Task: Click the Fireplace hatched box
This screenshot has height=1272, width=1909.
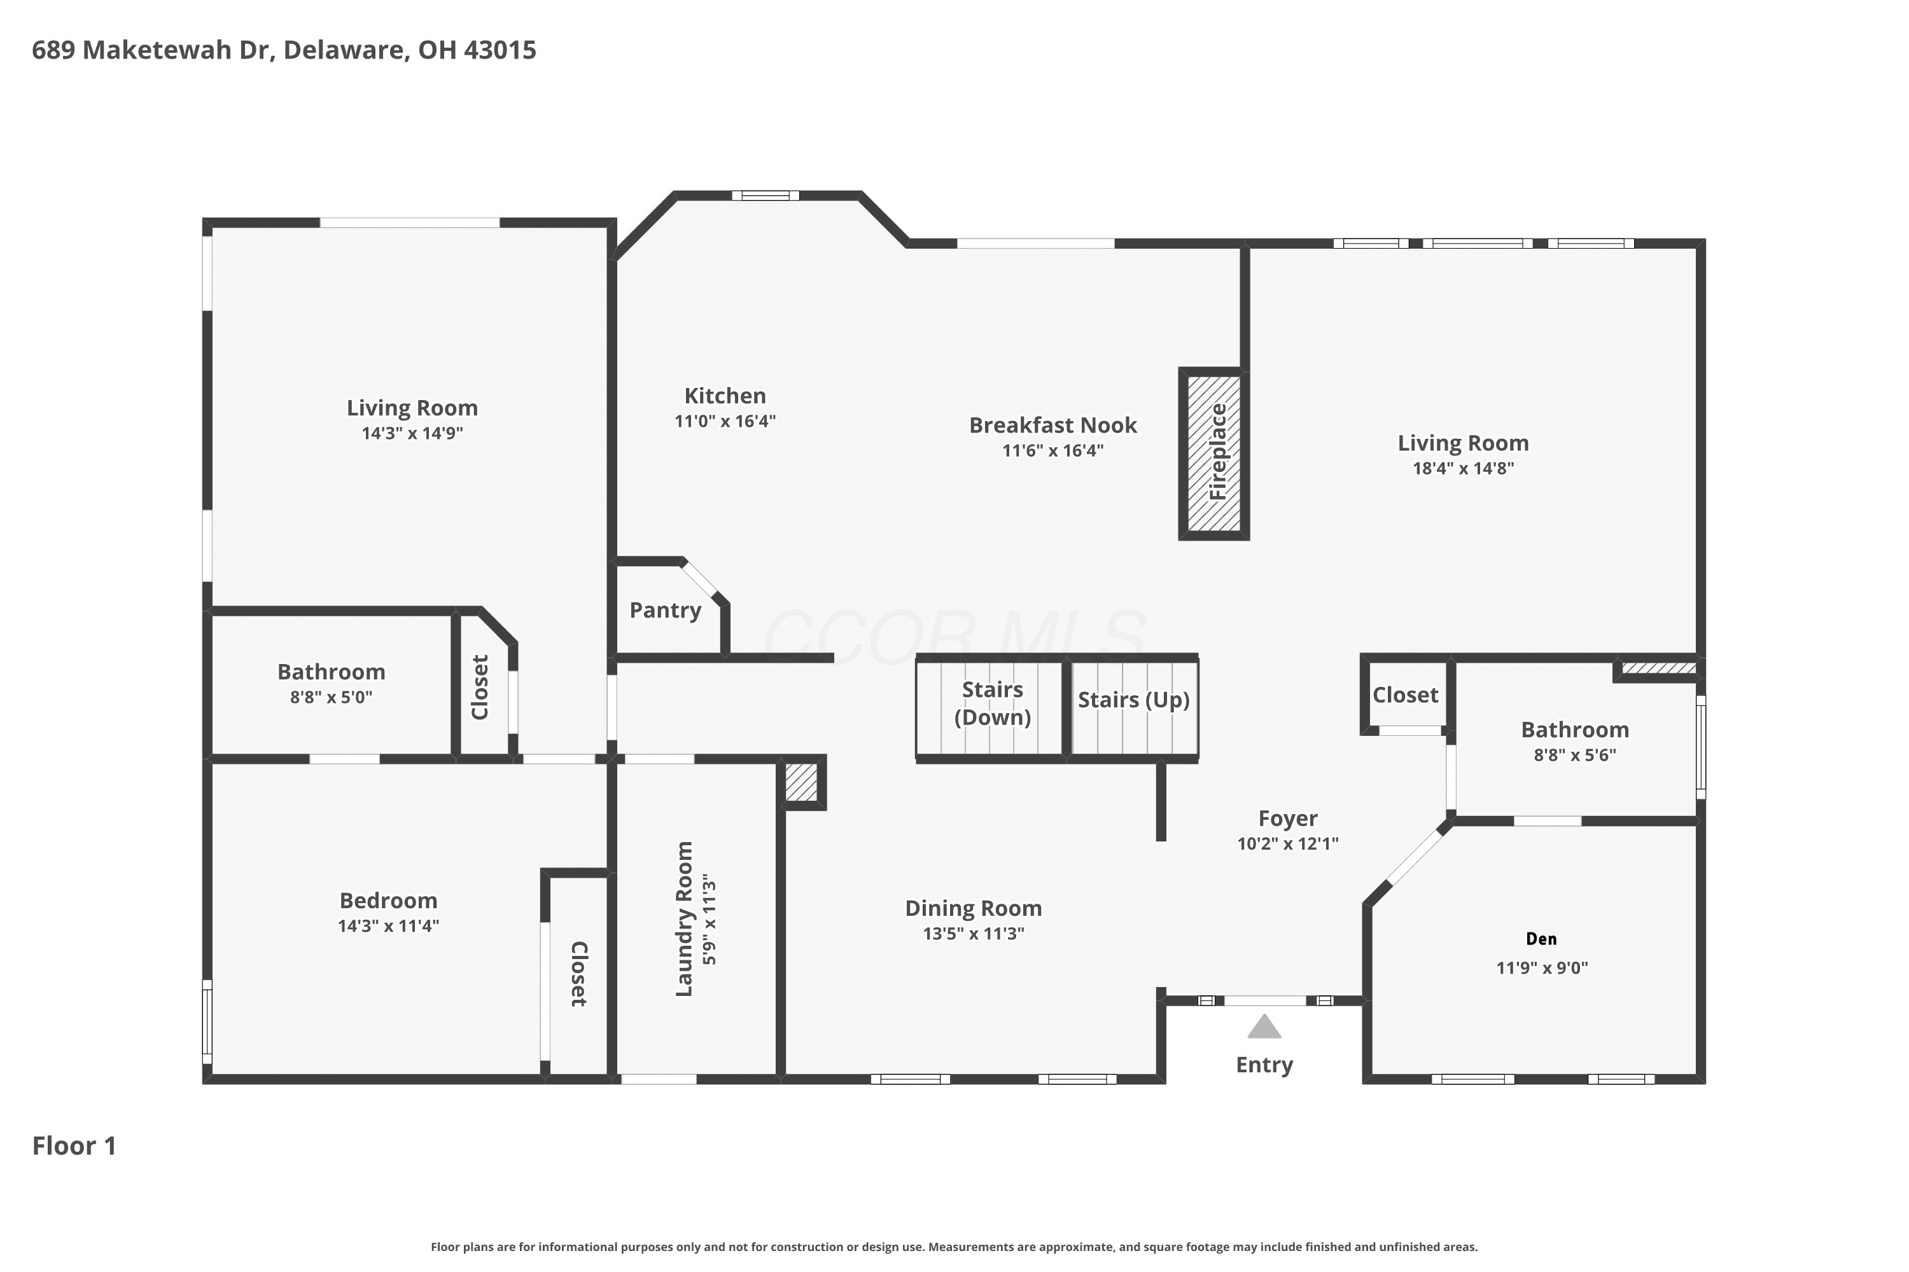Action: coord(1213,453)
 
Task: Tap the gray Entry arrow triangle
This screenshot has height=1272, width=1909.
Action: coord(1264,1027)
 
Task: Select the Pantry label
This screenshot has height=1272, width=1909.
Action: coord(665,610)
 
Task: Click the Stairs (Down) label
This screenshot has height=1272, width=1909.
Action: coord(992,703)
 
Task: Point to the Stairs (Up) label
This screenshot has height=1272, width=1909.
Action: coord(1133,700)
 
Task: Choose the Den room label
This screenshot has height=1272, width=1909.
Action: coord(1541,939)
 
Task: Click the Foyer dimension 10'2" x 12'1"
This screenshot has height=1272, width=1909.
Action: coord(1287,844)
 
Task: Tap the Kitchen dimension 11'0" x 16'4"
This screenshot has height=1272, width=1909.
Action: coord(725,421)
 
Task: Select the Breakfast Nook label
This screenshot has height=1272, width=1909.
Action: coord(1052,425)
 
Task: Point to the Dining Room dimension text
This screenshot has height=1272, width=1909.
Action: coord(973,934)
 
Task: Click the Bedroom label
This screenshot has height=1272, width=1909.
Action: coord(388,901)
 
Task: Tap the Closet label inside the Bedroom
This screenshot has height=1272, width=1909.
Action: coord(578,974)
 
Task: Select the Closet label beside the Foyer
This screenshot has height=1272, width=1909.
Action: coord(1405,695)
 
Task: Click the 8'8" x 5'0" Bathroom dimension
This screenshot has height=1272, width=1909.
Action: coord(331,697)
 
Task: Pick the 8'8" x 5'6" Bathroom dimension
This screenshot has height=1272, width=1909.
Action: coord(1574,756)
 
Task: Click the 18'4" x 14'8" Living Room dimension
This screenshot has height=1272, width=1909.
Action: coord(1462,468)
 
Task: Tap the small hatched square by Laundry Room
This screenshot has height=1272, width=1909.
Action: coord(801,782)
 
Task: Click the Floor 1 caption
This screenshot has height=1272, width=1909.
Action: coord(74,1145)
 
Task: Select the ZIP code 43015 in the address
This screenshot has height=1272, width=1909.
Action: coord(500,50)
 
